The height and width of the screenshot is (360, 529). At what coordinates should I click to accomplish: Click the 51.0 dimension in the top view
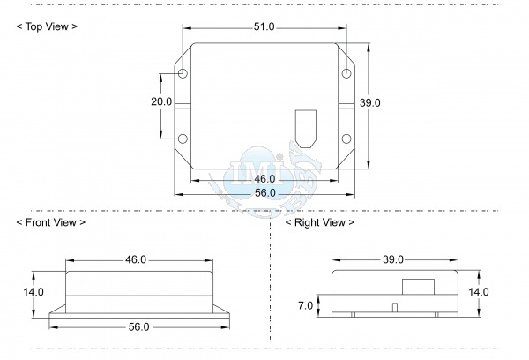pyautogui.click(x=264, y=26)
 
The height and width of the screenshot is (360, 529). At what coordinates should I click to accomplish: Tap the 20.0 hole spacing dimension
pyautogui.click(x=161, y=101)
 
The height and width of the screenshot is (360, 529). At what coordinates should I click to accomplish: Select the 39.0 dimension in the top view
pyautogui.click(x=369, y=102)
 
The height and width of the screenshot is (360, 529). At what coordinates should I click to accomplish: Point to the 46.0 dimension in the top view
pyautogui.click(x=264, y=179)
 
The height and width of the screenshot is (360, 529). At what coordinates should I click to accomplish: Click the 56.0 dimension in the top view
pyautogui.click(x=265, y=193)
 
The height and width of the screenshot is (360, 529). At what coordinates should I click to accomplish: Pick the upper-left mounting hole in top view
pyautogui.click(x=183, y=73)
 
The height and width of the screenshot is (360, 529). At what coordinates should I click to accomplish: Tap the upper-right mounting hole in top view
pyautogui.click(x=346, y=73)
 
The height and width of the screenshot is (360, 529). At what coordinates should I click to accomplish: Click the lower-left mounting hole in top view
pyautogui.click(x=183, y=139)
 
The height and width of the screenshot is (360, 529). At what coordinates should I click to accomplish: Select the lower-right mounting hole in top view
pyautogui.click(x=346, y=139)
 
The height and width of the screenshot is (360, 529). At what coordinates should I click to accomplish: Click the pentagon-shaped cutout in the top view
pyautogui.click(x=306, y=129)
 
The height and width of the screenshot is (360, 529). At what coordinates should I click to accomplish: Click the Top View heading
pyautogui.click(x=47, y=26)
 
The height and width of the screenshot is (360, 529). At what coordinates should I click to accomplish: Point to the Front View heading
pyautogui.click(x=51, y=222)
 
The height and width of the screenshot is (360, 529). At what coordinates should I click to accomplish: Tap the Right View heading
pyautogui.click(x=320, y=222)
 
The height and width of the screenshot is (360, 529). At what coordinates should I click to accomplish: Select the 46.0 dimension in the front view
pyautogui.click(x=136, y=259)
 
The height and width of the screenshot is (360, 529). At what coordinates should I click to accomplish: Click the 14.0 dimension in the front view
pyautogui.click(x=34, y=292)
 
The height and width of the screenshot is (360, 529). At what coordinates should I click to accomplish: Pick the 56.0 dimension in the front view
pyautogui.click(x=138, y=327)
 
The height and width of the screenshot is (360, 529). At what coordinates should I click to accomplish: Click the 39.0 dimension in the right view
pyautogui.click(x=393, y=259)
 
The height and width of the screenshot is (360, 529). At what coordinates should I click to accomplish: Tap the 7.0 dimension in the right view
pyautogui.click(x=305, y=305)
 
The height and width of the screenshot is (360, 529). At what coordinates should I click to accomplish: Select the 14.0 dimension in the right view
pyautogui.click(x=479, y=292)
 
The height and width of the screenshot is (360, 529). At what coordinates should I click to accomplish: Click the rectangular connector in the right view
pyautogui.click(x=418, y=287)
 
